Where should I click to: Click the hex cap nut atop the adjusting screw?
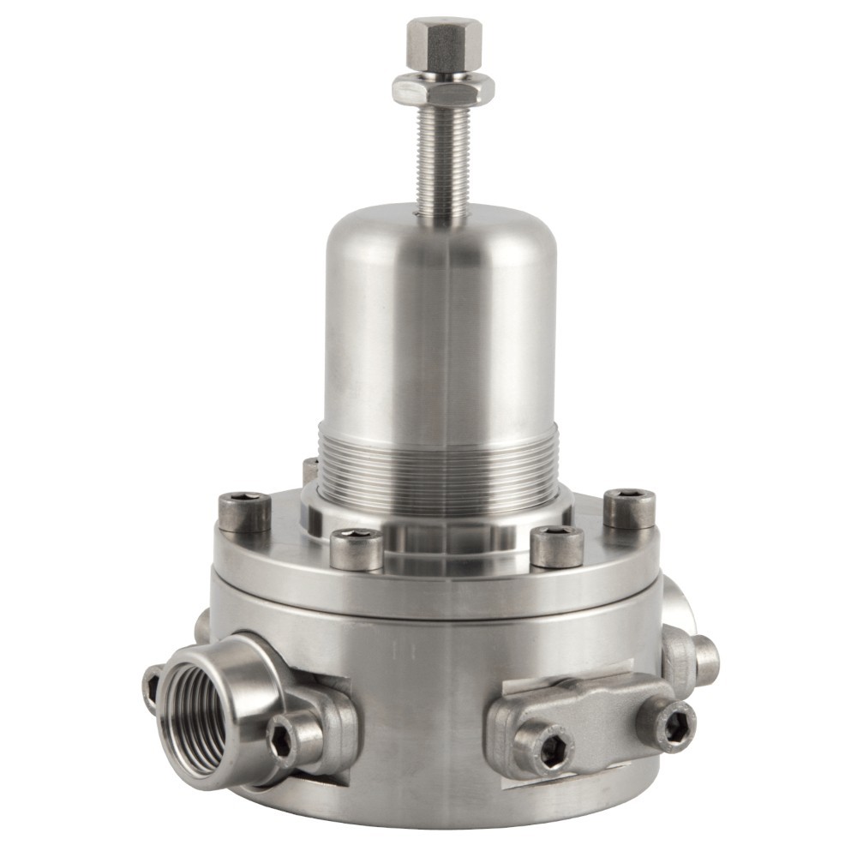tap(443, 45)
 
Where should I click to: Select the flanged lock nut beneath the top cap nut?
tap(443, 88)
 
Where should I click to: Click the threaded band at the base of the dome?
tap(438, 467)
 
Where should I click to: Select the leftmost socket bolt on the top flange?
tap(244, 512)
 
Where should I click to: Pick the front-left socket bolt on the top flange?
tap(357, 548)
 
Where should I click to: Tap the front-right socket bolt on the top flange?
tap(556, 546)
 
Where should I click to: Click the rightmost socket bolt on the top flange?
tap(630, 507)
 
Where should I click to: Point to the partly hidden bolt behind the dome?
tap(310, 469)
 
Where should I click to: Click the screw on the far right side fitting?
tap(704, 658)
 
